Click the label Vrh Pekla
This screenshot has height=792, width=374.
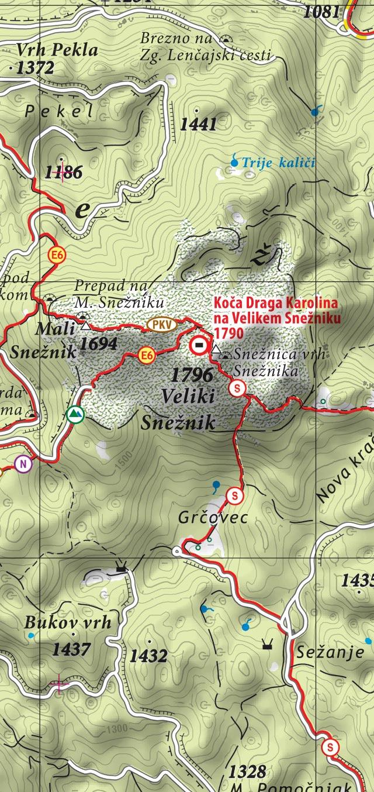click(57, 50)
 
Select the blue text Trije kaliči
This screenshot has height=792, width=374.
click(278, 162)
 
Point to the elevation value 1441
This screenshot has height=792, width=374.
click(198, 124)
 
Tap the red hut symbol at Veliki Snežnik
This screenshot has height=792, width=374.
click(199, 346)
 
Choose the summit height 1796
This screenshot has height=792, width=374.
click(192, 374)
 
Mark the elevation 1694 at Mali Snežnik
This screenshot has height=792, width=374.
click(98, 344)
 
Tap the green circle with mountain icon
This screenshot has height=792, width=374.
click(75, 415)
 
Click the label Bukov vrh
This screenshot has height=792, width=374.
click(67, 622)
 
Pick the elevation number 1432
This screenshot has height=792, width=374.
click(148, 656)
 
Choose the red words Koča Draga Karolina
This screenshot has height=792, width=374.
click(276, 304)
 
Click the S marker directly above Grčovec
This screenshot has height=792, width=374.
click(234, 495)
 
